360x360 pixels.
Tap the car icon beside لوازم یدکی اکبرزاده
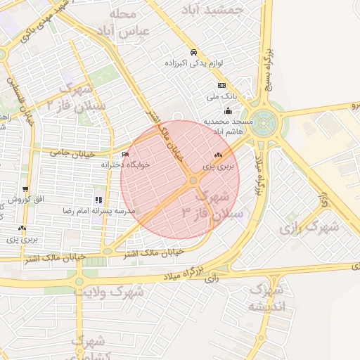point(193,53)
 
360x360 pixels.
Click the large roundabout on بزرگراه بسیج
point(266,124)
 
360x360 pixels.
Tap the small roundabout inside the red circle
point(193,182)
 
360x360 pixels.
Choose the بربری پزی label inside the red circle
point(217,167)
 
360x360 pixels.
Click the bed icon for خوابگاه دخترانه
point(126,154)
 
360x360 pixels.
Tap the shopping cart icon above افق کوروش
point(26,190)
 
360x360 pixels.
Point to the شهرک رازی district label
point(309,227)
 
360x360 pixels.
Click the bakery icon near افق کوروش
point(23,228)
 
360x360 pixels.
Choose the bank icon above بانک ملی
point(222,85)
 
